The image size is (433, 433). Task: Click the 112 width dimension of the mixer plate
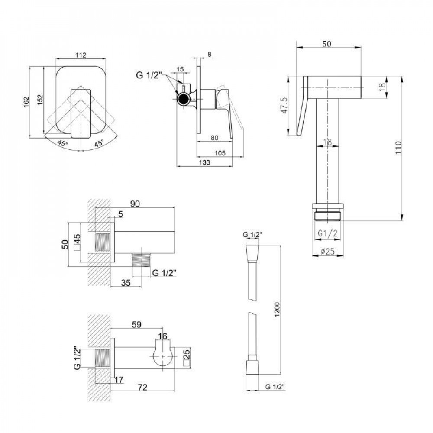tap(81, 55)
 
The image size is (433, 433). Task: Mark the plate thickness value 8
tap(210, 55)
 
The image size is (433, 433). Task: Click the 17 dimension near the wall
tap(119, 380)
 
